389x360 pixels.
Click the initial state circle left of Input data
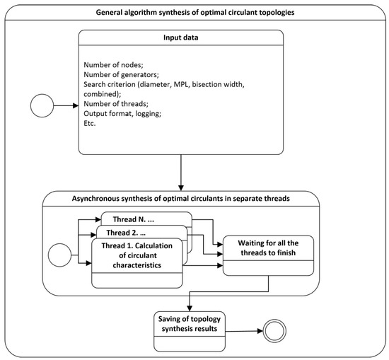[x=44, y=107]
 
